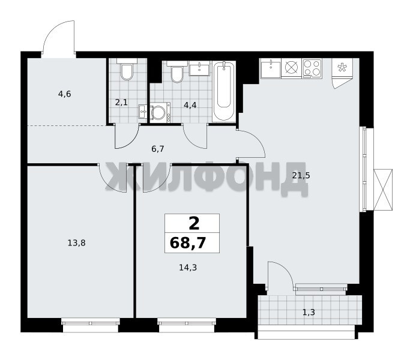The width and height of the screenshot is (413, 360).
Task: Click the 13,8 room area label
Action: (x=76, y=243)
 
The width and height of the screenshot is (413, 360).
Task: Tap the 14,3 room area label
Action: (x=188, y=268)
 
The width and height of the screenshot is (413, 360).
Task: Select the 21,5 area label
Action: (x=301, y=175)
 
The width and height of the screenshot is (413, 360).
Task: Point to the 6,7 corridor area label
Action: (x=158, y=149)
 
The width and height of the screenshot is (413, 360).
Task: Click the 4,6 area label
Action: (x=65, y=94)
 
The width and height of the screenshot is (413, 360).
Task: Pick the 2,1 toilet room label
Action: (x=121, y=102)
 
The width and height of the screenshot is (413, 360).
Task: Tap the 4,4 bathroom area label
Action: (x=190, y=106)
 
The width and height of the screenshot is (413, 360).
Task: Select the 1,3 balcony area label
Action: (x=309, y=313)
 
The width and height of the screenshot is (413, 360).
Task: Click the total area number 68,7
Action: (x=187, y=243)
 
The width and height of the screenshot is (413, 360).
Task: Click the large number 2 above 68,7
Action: (x=194, y=224)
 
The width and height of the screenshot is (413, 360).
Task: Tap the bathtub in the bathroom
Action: (x=224, y=91)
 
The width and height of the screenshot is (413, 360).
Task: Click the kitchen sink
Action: (x=271, y=68)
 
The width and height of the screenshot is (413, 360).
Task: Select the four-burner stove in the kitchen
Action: (x=312, y=68)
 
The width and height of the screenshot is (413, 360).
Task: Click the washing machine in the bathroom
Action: (x=160, y=113)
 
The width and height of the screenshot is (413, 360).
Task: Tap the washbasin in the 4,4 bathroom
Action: (x=199, y=68)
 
